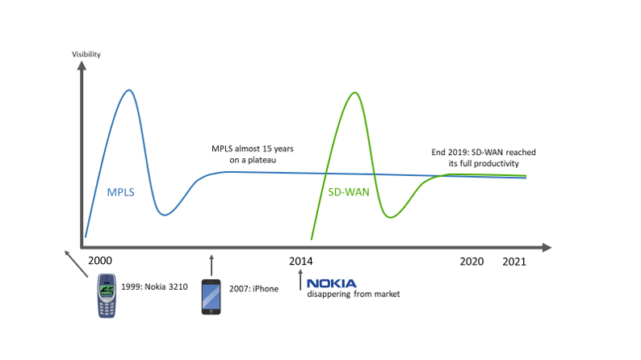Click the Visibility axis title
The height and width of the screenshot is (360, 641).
pyautogui.click(x=86, y=54)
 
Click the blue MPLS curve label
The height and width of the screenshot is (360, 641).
pyautogui.click(x=121, y=192)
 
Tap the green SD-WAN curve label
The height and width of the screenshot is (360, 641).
pyautogui.click(x=348, y=192)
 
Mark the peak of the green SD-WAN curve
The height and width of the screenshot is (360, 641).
pyautogui.click(x=353, y=93)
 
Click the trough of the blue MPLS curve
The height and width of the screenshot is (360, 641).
pyautogui.click(x=165, y=214)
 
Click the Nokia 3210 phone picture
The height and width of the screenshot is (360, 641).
pyautogui.click(x=107, y=295)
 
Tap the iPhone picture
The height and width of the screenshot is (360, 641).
pyautogui.click(x=211, y=296)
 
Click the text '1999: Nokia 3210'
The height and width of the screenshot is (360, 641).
pyautogui.click(x=155, y=287)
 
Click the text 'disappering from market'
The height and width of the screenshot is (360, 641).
pyautogui.click(x=353, y=295)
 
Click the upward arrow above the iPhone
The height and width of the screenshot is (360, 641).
pyautogui.click(x=212, y=265)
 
